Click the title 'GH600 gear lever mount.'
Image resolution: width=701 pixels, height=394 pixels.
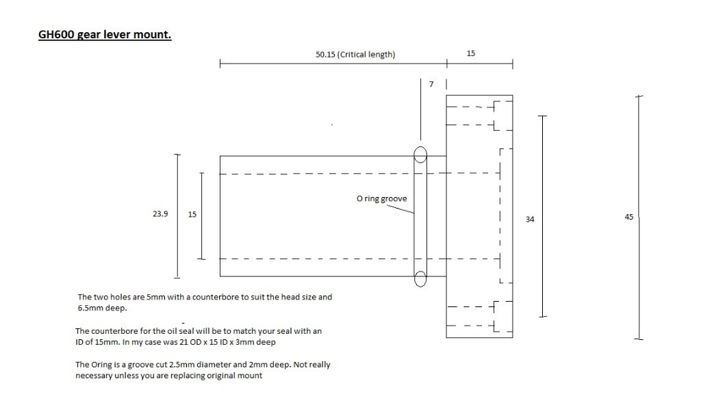[105, 34]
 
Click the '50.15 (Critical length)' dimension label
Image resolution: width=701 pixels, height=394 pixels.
[355, 55]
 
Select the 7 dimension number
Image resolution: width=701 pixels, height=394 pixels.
[431, 84]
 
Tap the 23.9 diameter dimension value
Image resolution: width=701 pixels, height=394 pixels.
[160, 214]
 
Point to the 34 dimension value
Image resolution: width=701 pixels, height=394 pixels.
[530, 220]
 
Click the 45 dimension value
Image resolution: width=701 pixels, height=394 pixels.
[629, 217]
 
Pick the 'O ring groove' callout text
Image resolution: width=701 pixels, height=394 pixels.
[382, 199]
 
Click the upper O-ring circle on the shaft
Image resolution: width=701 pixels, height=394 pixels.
[420, 155]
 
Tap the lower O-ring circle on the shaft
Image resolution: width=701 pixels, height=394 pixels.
[420, 279]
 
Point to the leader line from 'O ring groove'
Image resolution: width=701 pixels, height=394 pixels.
[400, 209]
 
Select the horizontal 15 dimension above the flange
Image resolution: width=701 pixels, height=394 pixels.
[471, 53]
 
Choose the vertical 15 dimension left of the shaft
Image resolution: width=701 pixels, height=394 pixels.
[192, 214]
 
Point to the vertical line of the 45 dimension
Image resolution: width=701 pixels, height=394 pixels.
[639, 218]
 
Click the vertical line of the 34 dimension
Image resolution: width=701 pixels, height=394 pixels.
[543, 216]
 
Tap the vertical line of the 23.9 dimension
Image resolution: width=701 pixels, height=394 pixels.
[177, 216]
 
